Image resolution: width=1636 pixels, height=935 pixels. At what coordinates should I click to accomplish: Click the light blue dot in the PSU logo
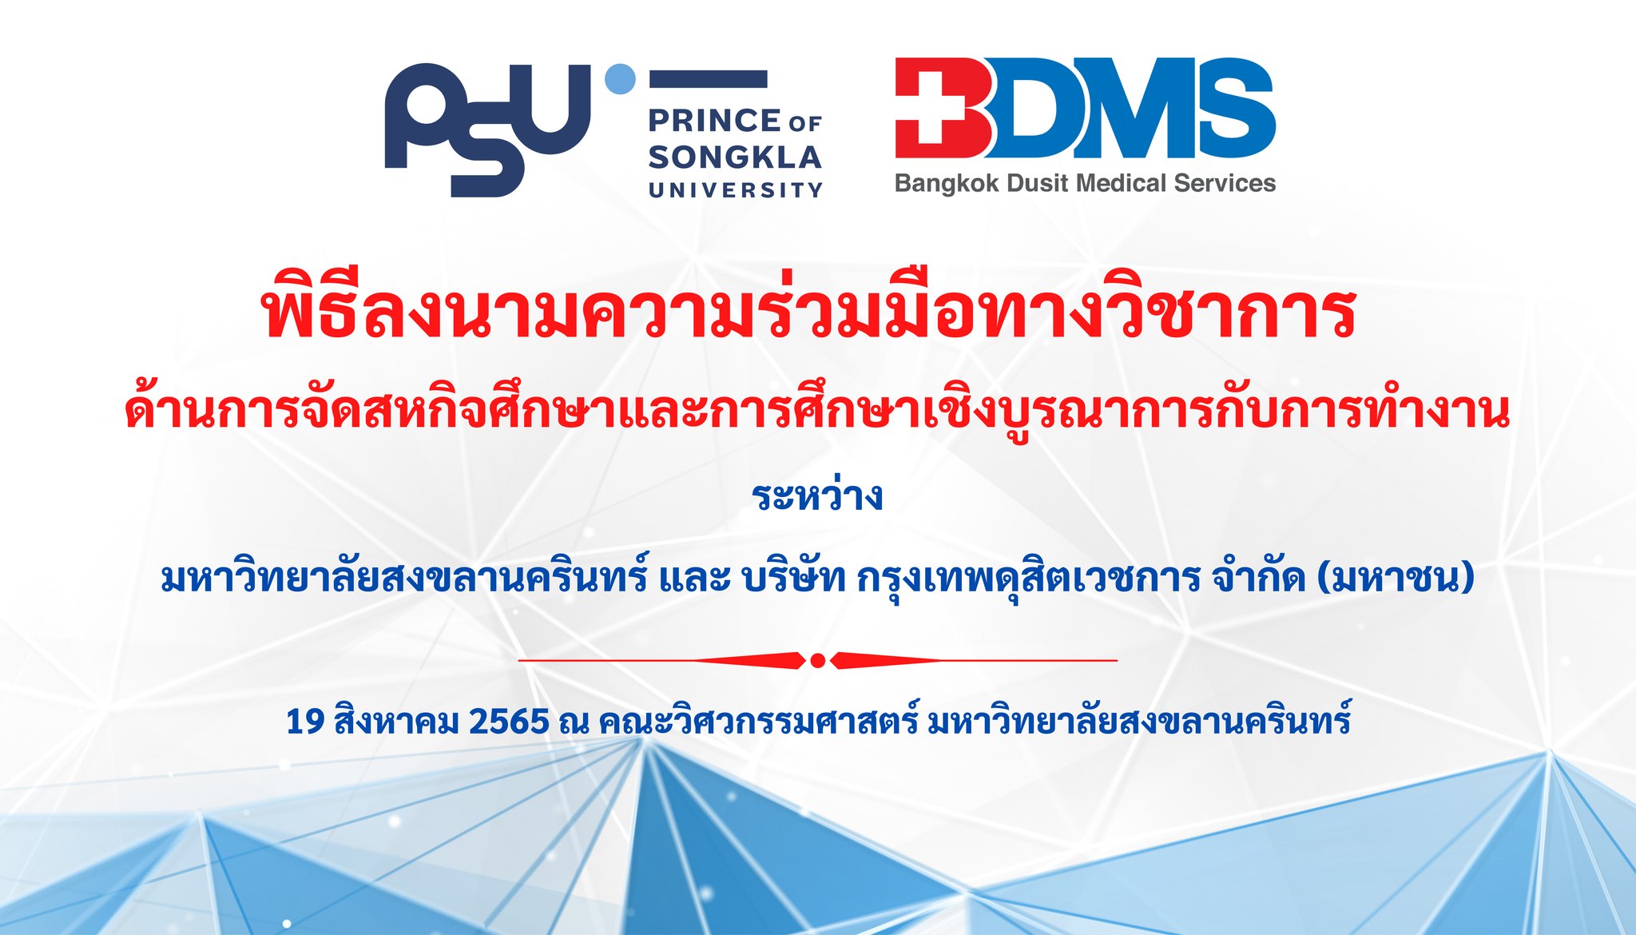[621, 79]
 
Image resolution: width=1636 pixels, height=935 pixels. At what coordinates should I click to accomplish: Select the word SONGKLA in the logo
[735, 157]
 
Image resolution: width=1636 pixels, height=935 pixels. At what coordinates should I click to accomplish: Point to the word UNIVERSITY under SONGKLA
[735, 190]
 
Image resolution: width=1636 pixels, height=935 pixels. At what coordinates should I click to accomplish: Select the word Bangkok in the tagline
[947, 184]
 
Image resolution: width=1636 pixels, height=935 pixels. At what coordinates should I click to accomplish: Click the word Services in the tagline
[1225, 183]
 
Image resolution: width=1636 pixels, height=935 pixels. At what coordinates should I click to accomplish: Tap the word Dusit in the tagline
[1038, 183]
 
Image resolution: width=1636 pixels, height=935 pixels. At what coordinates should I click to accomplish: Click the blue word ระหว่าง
[817, 495]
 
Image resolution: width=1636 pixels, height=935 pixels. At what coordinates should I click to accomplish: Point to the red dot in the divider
[817, 660]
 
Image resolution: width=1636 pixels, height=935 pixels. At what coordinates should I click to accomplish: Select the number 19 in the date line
[305, 722]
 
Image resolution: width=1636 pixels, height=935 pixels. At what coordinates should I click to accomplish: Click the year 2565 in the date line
[509, 722]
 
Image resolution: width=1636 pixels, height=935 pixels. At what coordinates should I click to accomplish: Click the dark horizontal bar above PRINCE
[708, 78]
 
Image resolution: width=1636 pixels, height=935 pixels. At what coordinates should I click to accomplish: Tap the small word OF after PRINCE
[805, 124]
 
